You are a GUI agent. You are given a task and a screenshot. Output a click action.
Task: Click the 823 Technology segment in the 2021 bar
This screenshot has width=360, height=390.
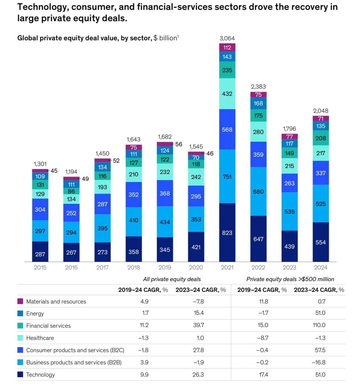coord(227,232)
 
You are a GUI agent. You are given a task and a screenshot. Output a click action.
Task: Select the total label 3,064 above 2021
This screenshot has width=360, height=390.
coord(227,38)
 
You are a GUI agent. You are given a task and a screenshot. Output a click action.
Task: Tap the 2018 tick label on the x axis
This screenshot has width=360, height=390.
coord(133,267)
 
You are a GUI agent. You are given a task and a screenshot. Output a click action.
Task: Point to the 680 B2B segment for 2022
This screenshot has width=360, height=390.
coord(258,192)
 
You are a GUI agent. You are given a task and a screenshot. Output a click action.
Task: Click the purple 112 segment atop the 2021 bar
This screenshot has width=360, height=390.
coord(227,47)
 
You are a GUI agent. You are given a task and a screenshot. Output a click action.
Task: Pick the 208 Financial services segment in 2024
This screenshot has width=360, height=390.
coord(321,138)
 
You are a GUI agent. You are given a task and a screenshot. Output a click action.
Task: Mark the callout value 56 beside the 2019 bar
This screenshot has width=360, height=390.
coord(179,144)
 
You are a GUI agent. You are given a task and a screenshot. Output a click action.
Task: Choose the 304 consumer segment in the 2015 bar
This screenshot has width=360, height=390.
coord(40,209)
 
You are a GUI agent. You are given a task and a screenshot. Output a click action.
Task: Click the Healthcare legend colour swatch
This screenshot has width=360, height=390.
coord(20,338)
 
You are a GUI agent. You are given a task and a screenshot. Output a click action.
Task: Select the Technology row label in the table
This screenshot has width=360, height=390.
coord(40,374)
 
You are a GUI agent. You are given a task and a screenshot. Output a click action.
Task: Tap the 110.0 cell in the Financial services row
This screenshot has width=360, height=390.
coord(319,325)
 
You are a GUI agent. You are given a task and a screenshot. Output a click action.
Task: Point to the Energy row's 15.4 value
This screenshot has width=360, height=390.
coord(199,313)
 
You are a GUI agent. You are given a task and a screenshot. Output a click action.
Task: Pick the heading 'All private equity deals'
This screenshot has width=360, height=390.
coord(172,279)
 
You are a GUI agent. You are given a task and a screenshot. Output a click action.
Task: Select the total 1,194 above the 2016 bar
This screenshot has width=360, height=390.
coord(71,172)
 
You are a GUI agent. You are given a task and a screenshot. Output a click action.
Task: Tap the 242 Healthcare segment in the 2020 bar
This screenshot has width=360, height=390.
coord(196,177)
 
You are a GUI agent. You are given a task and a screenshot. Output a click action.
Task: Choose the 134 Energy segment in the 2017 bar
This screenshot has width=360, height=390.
coord(102,167)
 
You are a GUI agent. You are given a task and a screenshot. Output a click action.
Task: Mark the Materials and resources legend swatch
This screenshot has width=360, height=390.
coord(20,301)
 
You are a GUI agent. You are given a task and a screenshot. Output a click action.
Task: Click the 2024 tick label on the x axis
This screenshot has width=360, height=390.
coord(321,267)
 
